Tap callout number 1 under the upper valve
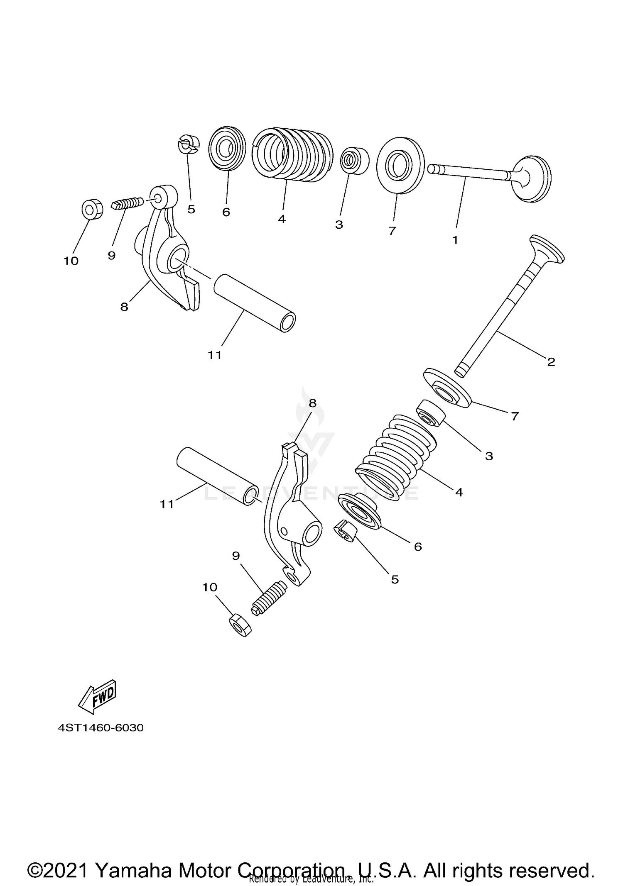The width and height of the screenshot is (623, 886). [x=455, y=240]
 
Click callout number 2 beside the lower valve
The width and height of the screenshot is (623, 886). [x=551, y=362]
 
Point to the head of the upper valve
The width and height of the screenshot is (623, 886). [x=533, y=179]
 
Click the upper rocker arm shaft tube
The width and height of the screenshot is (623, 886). [x=255, y=302]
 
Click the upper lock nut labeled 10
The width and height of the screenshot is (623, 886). [x=92, y=209]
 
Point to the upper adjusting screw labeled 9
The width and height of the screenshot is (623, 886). [x=128, y=204]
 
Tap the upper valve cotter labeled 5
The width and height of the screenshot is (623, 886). [x=189, y=144]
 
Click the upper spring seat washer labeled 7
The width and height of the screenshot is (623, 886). [x=400, y=165]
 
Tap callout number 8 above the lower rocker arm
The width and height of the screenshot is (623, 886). [x=312, y=403]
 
